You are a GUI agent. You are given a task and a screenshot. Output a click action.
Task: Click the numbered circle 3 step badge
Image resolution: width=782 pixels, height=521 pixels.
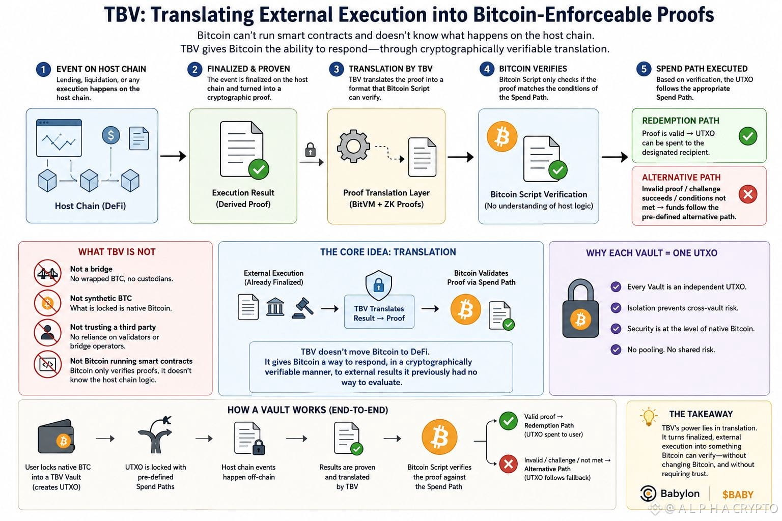(336, 69)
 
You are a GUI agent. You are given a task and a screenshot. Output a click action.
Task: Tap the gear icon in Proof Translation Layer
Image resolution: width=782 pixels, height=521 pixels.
(353, 146)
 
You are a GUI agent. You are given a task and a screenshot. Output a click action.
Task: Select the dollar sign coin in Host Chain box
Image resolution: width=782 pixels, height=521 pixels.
(111, 135)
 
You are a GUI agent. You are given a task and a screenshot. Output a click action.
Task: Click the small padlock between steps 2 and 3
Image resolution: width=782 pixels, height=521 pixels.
(311, 150)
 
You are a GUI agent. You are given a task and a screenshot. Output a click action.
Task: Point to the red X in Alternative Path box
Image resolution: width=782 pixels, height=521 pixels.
(748, 194)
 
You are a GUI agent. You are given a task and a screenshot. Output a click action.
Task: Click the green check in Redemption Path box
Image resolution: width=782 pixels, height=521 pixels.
(748, 136)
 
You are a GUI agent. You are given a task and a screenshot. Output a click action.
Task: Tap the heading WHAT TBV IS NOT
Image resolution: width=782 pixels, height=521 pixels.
(117, 252)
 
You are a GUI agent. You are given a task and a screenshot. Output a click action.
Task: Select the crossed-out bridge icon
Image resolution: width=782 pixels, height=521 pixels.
(47, 273)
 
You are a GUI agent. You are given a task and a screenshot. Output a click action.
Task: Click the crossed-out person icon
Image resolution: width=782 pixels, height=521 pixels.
(47, 332)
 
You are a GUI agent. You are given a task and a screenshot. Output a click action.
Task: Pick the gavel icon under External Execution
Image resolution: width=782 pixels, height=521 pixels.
(302, 308)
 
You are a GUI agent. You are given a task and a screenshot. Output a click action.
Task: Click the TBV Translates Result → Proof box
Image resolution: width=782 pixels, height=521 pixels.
(379, 312)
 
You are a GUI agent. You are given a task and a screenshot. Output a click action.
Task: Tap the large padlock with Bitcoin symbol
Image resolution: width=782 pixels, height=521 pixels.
(580, 308)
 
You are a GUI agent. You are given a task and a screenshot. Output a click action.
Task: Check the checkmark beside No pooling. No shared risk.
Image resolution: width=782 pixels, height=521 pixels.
(616, 350)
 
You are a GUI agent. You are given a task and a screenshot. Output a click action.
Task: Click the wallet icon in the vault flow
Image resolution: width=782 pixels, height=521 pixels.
(56, 436)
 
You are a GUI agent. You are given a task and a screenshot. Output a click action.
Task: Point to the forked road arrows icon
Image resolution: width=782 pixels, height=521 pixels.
(155, 435)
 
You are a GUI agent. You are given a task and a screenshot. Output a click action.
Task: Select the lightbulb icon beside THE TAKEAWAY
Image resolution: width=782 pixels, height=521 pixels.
(648, 416)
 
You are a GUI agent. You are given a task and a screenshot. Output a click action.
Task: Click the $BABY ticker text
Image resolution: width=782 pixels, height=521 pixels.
(738, 495)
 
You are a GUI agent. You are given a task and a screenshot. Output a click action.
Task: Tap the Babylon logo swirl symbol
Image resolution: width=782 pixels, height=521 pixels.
(648, 494)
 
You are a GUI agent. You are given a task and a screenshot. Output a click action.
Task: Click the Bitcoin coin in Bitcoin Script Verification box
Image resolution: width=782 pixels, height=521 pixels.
(502, 136)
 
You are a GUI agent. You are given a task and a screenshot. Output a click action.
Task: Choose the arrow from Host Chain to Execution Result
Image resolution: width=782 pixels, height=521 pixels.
(173, 156)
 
